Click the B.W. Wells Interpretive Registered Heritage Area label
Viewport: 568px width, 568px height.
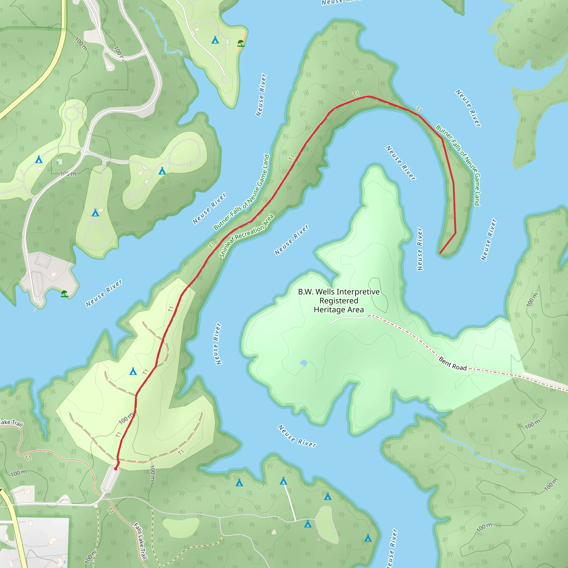click(x=339, y=300)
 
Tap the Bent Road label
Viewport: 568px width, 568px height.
click(x=452, y=364)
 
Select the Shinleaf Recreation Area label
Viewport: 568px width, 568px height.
click(x=246, y=236)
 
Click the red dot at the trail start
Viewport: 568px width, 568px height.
click(x=116, y=469)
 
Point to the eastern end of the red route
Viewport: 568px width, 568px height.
click(x=440, y=253)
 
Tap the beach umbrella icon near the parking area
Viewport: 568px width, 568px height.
click(x=64, y=294)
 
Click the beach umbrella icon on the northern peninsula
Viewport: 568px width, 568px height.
click(x=241, y=44)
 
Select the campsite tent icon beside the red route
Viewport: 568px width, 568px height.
click(x=133, y=371)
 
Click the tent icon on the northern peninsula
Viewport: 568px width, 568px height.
click(x=215, y=40)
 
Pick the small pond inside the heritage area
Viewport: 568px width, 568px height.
click(x=303, y=363)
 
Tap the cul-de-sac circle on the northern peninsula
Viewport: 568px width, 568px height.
click(x=226, y=79)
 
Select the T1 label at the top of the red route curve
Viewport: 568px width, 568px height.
click(x=356, y=94)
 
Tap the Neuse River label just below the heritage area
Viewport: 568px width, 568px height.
click(x=297, y=436)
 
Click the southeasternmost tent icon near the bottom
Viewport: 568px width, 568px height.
click(x=368, y=538)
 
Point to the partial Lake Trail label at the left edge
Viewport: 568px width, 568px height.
click(x=11, y=423)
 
